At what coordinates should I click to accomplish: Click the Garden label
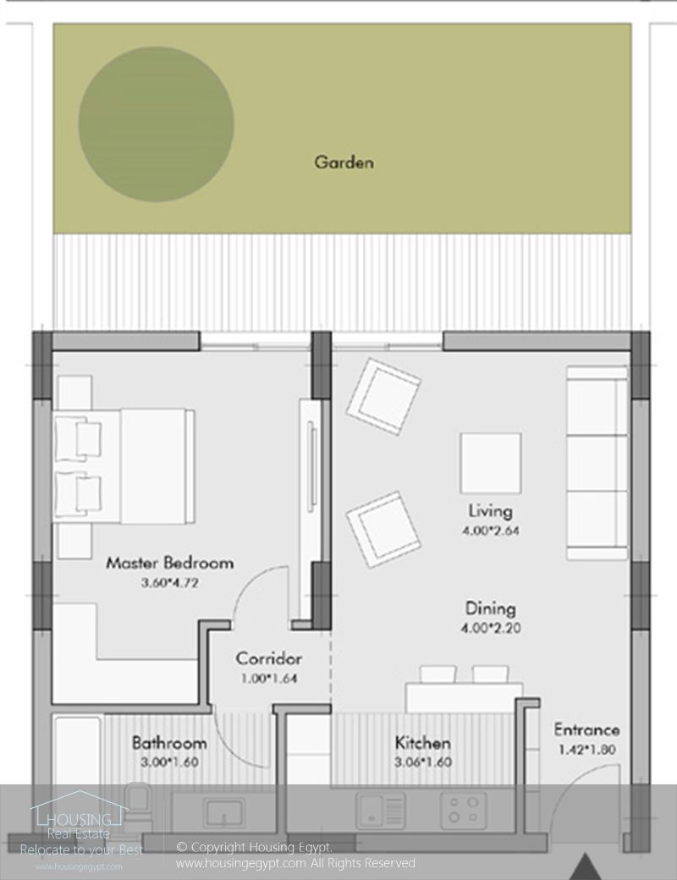point(344,162)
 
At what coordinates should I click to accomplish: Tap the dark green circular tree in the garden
point(156,124)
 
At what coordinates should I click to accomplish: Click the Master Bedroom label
point(169,563)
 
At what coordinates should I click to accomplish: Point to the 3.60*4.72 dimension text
point(169,582)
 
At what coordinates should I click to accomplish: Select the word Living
point(490,511)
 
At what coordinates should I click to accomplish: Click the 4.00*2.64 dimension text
point(490,531)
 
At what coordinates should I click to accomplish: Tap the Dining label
point(490,608)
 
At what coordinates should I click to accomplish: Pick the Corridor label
point(269,658)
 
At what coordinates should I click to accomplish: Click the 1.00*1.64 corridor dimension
point(269,678)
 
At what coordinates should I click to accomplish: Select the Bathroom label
point(169,743)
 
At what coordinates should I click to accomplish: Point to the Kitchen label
point(423,743)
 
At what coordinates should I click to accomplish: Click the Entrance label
point(587,729)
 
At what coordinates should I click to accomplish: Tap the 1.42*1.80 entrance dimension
point(587,749)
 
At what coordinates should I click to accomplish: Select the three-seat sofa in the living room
point(597,463)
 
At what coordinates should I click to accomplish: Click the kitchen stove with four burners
point(463,811)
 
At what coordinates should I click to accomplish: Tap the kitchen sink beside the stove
point(380,811)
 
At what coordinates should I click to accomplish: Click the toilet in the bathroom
point(138,806)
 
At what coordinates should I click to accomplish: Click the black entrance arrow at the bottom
point(586,867)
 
